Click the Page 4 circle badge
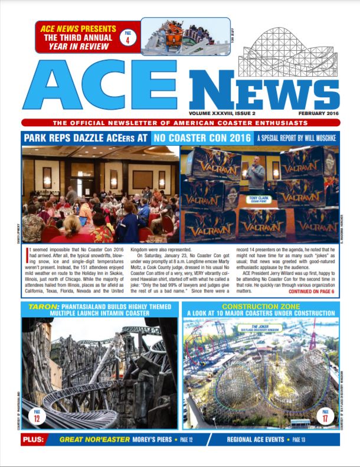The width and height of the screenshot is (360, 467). point(128,37)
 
